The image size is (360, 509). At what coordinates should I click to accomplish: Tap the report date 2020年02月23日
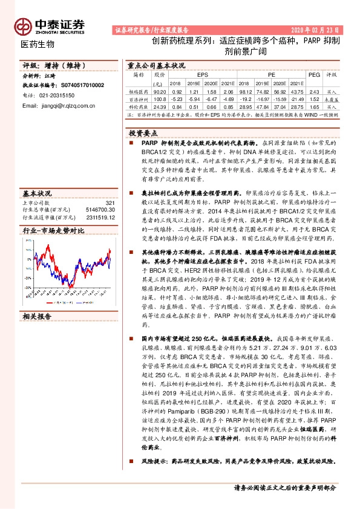point(317,30)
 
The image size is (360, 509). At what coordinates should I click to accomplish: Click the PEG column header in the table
point(314,74)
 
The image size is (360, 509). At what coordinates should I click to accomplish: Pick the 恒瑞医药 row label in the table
point(139,91)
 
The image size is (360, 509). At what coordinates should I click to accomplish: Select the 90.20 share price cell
point(160,91)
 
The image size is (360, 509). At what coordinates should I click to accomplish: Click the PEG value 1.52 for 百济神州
point(314,98)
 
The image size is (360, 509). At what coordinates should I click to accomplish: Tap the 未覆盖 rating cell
point(332,98)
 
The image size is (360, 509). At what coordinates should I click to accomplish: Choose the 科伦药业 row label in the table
point(139,105)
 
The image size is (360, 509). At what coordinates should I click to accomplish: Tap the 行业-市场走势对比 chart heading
point(53,231)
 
